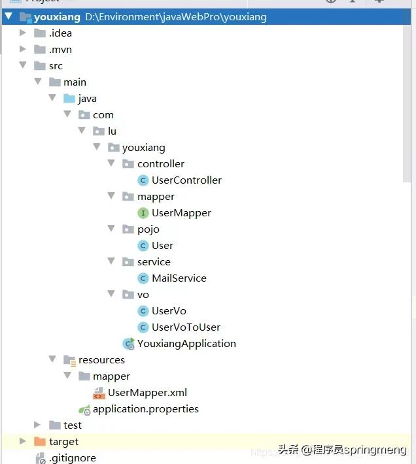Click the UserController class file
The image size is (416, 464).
[x=186, y=180]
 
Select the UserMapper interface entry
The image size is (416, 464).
[x=181, y=213]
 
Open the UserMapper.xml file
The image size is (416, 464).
[x=147, y=393]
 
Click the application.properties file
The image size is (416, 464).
[x=145, y=409]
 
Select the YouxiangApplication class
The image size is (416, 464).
[x=186, y=344]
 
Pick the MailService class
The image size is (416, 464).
[x=179, y=278]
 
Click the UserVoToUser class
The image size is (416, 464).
[x=186, y=327]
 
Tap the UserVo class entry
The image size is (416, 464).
[x=169, y=311]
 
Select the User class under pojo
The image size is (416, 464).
[x=162, y=246]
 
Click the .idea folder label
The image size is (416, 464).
[x=60, y=33]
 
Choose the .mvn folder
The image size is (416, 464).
[x=60, y=50]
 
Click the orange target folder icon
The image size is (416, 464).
[x=39, y=442]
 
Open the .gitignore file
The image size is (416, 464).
[x=72, y=458]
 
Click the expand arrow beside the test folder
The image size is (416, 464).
[x=37, y=425]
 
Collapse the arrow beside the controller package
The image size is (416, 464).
[x=111, y=164]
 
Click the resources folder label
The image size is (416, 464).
[x=101, y=360]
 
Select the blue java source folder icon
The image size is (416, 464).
[x=69, y=99]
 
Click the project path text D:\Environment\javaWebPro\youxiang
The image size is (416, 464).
[x=175, y=17]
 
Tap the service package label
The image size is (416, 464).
[x=154, y=262]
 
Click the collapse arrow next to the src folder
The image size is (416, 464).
[x=23, y=66]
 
